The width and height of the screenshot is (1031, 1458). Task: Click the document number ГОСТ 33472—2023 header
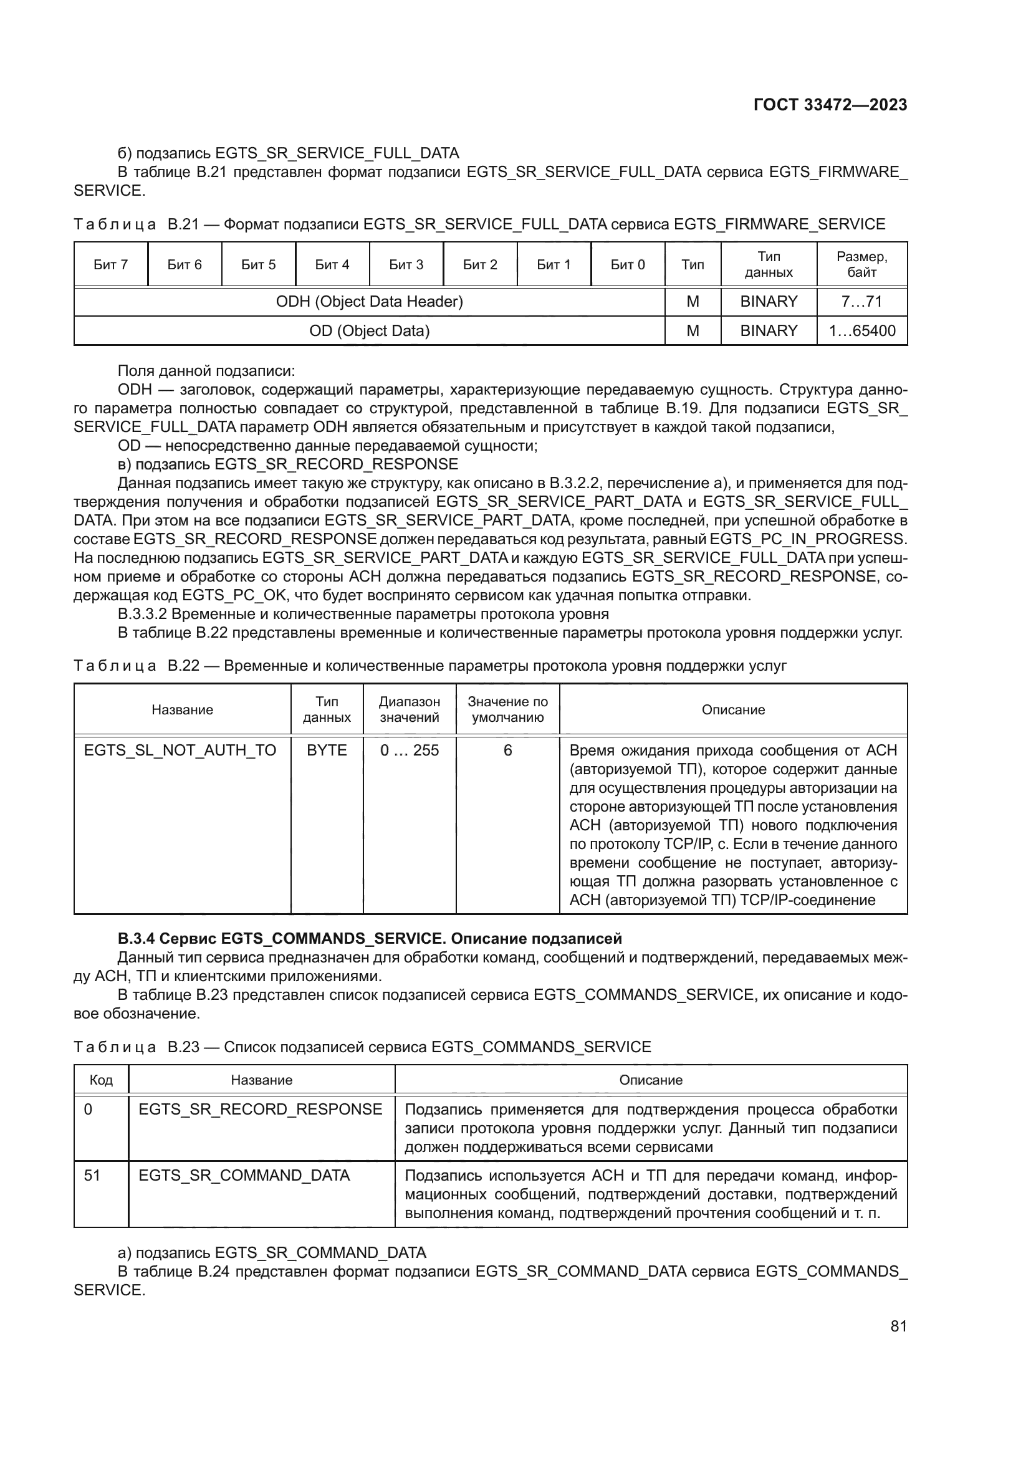coord(830,105)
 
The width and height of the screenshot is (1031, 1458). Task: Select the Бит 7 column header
coord(110,265)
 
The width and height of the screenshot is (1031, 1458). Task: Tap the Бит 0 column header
coord(627,265)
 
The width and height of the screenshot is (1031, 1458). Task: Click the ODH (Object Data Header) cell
coord(369,302)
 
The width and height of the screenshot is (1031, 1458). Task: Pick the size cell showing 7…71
coord(861,302)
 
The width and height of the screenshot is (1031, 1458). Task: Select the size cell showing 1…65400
coord(861,331)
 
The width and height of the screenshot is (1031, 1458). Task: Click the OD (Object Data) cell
coord(369,331)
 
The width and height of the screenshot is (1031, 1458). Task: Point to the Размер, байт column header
coord(861,264)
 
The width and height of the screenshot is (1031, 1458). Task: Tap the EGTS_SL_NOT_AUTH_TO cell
coord(180,751)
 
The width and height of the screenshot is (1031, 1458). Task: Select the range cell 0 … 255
coord(410,751)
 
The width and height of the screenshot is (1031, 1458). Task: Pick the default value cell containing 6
coord(507,751)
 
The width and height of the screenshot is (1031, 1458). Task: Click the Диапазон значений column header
coord(410,709)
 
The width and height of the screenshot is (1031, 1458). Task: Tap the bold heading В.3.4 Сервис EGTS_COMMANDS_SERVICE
coord(370,939)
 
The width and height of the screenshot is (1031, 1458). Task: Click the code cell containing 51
coord(93,1176)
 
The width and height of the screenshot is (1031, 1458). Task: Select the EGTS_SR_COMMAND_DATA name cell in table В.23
coord(244,1176)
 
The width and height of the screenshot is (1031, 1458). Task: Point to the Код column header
coord(101,1080)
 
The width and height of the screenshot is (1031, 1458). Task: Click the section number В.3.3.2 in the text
coord(142,614)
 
